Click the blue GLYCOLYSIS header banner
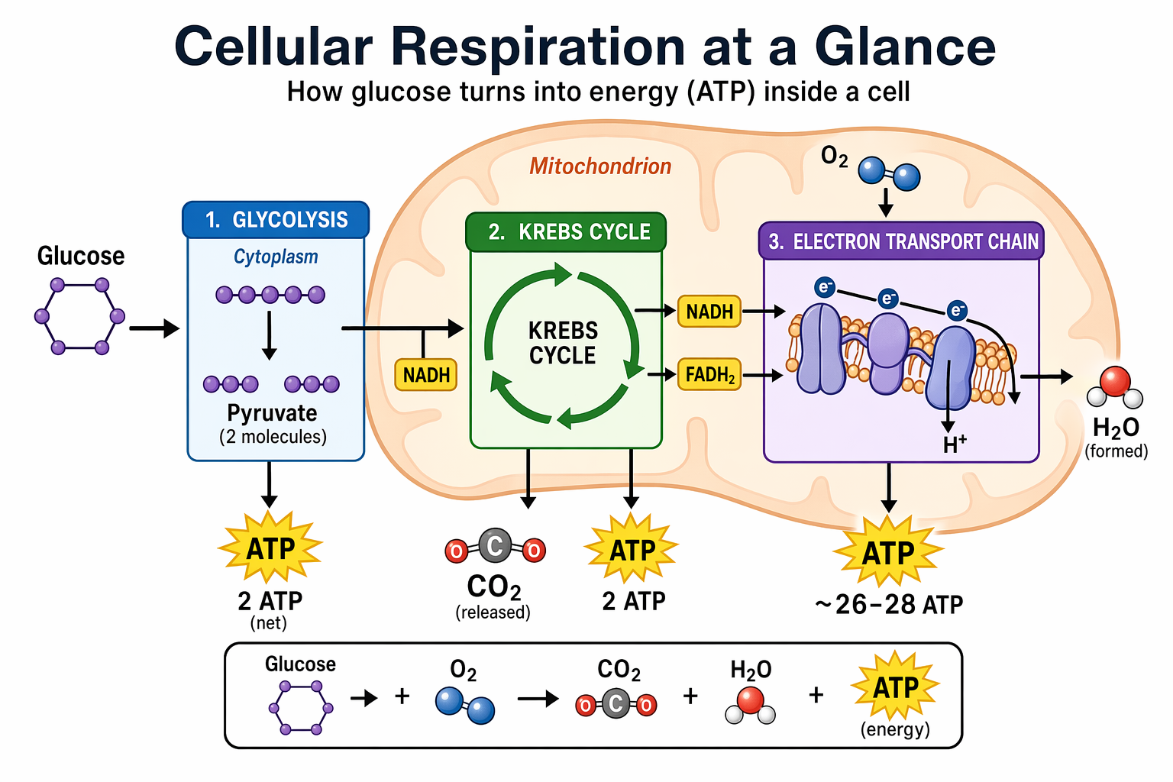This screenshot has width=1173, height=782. click(x=276, y=220)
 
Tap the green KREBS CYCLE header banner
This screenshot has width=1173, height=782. click(x=566, y=232)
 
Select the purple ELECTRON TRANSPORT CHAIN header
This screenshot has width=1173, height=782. click(x=901, y=241)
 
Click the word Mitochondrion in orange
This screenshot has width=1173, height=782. click(x=600, y=166)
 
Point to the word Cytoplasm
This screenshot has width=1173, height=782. click(x=276, y=257)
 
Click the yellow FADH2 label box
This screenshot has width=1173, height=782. click(x=709, y=375)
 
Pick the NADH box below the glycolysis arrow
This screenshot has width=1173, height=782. click(x=425, y=375)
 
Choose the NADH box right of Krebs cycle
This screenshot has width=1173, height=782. click(x=709, y=312)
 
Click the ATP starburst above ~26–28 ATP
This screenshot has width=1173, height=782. click(x=888, y=552)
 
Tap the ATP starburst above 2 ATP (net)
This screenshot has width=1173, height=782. click(x=270, y=548)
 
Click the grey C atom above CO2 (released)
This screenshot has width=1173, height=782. click(x=495, y=546)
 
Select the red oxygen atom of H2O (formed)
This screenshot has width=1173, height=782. click(x=1115, y=380)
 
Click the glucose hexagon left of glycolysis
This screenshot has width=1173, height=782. click(x=79, y=316)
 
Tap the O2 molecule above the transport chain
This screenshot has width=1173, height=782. click(x=889, y=173)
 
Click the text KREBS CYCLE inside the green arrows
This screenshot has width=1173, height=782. click(x=563, y=343)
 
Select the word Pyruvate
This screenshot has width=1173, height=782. click(x=272, y=413)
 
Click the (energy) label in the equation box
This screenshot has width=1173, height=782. click(x=895, y=729)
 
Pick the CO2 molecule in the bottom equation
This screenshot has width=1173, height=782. click(x=616, y=704)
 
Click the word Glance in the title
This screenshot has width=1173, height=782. click(x=905, y=47)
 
